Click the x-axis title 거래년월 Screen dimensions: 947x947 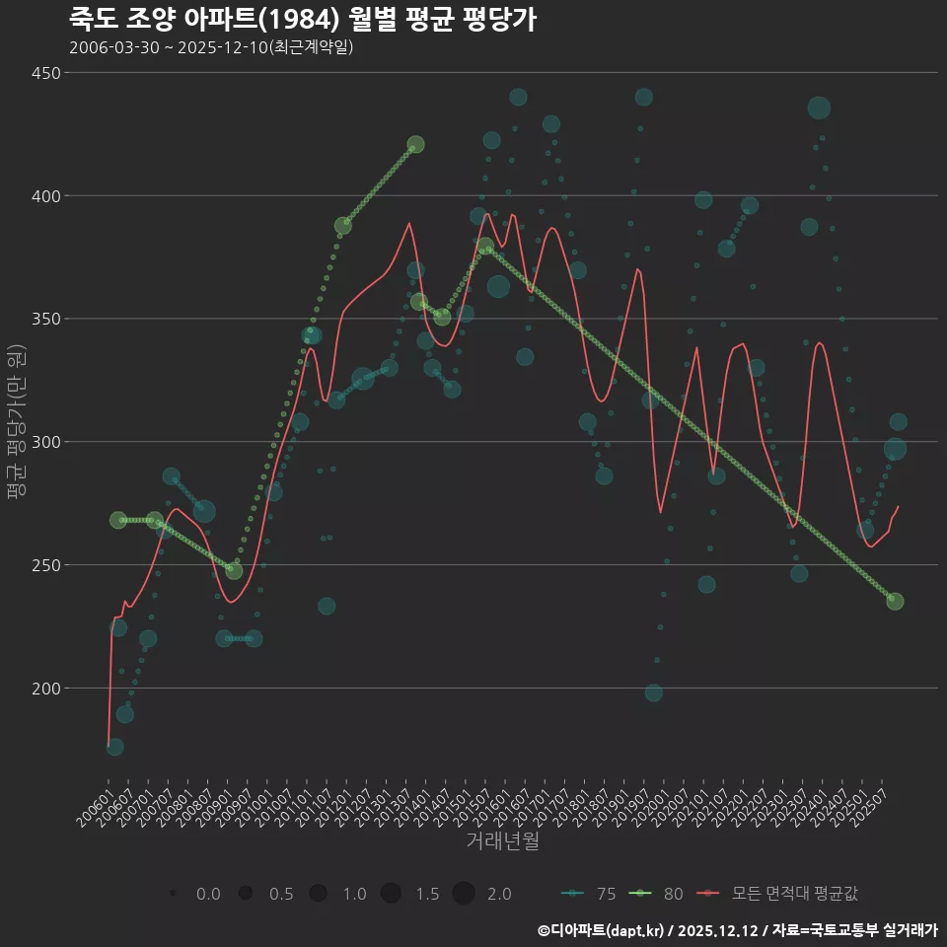tap(502, 841)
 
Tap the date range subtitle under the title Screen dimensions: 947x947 tap(211, 47)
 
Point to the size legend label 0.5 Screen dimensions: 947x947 tap(281, 894)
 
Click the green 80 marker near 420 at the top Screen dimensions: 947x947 tap(415, 145)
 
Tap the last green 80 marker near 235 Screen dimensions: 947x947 tap(895, 602)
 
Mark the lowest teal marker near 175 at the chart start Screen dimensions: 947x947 tap(114, 747)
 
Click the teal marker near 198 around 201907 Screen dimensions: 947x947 tap(653, 692)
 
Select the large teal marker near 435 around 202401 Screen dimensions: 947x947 tap(819, 109)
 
